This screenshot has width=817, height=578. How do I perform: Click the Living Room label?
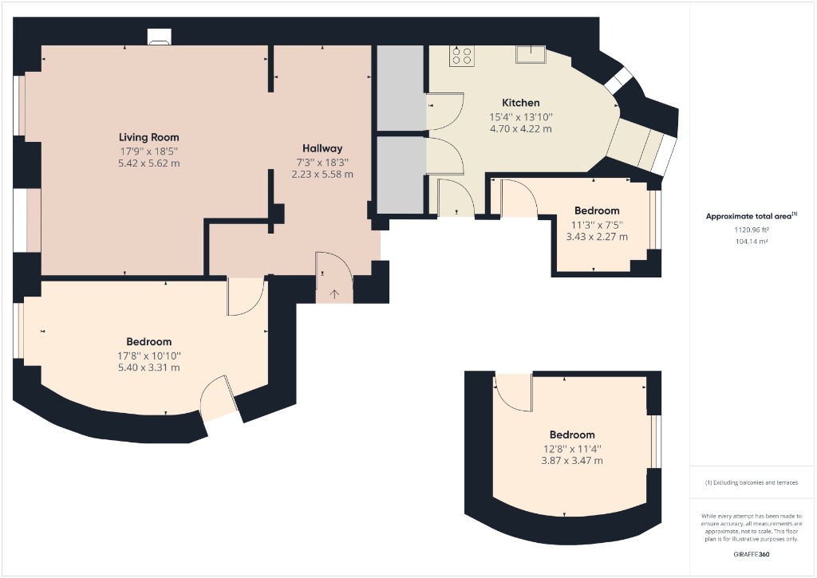148,137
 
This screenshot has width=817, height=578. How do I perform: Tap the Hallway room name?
322,148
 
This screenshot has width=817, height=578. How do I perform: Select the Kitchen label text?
520,103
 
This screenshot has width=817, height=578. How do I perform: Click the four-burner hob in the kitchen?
461,55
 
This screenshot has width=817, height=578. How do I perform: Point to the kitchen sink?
530,54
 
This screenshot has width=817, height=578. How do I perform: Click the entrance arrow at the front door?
334,293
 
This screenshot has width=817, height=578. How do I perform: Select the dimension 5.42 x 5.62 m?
148,163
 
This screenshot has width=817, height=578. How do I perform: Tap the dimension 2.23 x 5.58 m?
322,174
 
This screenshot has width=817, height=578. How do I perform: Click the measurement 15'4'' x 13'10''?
520,116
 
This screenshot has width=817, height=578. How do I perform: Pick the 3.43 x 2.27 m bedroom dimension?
596,237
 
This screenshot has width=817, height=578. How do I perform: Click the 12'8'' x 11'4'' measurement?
572,449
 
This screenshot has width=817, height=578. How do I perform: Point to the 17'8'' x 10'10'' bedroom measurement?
149,356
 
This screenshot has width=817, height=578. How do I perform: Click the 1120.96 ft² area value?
751,230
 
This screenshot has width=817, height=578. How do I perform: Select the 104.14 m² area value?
751,241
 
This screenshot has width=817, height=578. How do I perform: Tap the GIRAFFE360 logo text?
751,554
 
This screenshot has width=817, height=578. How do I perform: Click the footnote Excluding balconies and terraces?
750,483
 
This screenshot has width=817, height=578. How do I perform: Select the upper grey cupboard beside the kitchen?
400,88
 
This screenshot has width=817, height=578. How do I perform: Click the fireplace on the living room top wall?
160,37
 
